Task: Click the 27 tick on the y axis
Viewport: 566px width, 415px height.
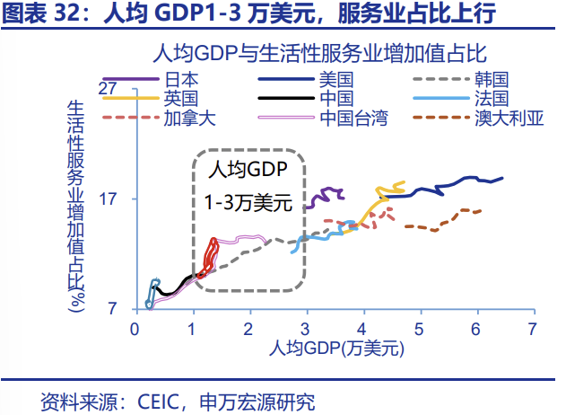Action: pyautogui.click(x=109, y=89)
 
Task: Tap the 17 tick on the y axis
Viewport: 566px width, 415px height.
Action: pyautogui.click(x=109, y=199)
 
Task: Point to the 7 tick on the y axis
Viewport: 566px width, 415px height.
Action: pyautogui.click(x=113, y=309)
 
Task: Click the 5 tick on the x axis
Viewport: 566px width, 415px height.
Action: pyautogui.click(x=419, y=328)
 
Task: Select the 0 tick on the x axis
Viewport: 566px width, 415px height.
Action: pyautogui.click(x=135, y=328)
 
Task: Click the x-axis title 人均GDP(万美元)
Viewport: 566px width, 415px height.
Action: pyautogui.click(x=333, y=347)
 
